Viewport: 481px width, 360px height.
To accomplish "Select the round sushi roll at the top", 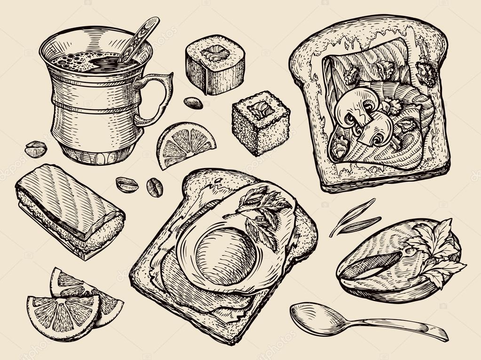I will tap(215, 64).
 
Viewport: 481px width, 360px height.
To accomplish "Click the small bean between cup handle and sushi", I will tap(193, 103).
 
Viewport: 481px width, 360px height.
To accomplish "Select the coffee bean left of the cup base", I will tap(36, 149).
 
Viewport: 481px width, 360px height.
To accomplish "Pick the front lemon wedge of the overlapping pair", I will tap(63, 315).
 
